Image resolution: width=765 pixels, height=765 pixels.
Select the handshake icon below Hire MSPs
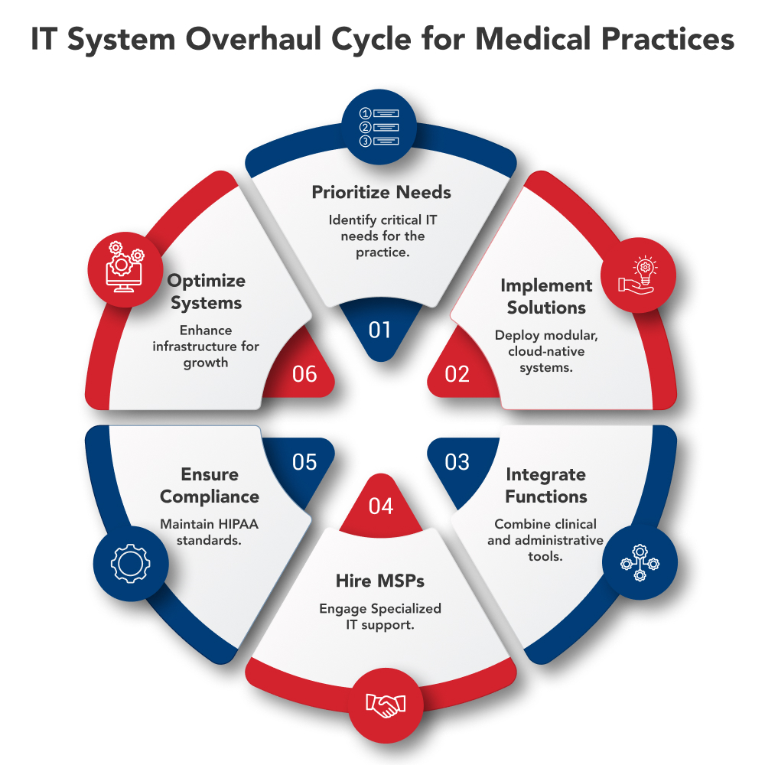tap(385, 705)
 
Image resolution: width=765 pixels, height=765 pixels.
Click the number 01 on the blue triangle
tap(380, 330)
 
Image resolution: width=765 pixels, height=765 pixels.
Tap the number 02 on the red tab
tap(457, 374)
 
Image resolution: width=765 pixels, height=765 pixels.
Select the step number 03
tap(457, 462)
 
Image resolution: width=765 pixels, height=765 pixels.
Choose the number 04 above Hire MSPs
tap(380, 506)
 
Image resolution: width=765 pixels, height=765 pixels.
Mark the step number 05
tap(304, 462)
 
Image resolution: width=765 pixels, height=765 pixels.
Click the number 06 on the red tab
tap(304, 374)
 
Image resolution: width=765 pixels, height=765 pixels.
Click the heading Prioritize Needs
tap(380, 193)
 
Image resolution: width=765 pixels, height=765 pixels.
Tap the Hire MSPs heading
tap(380, 581)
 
